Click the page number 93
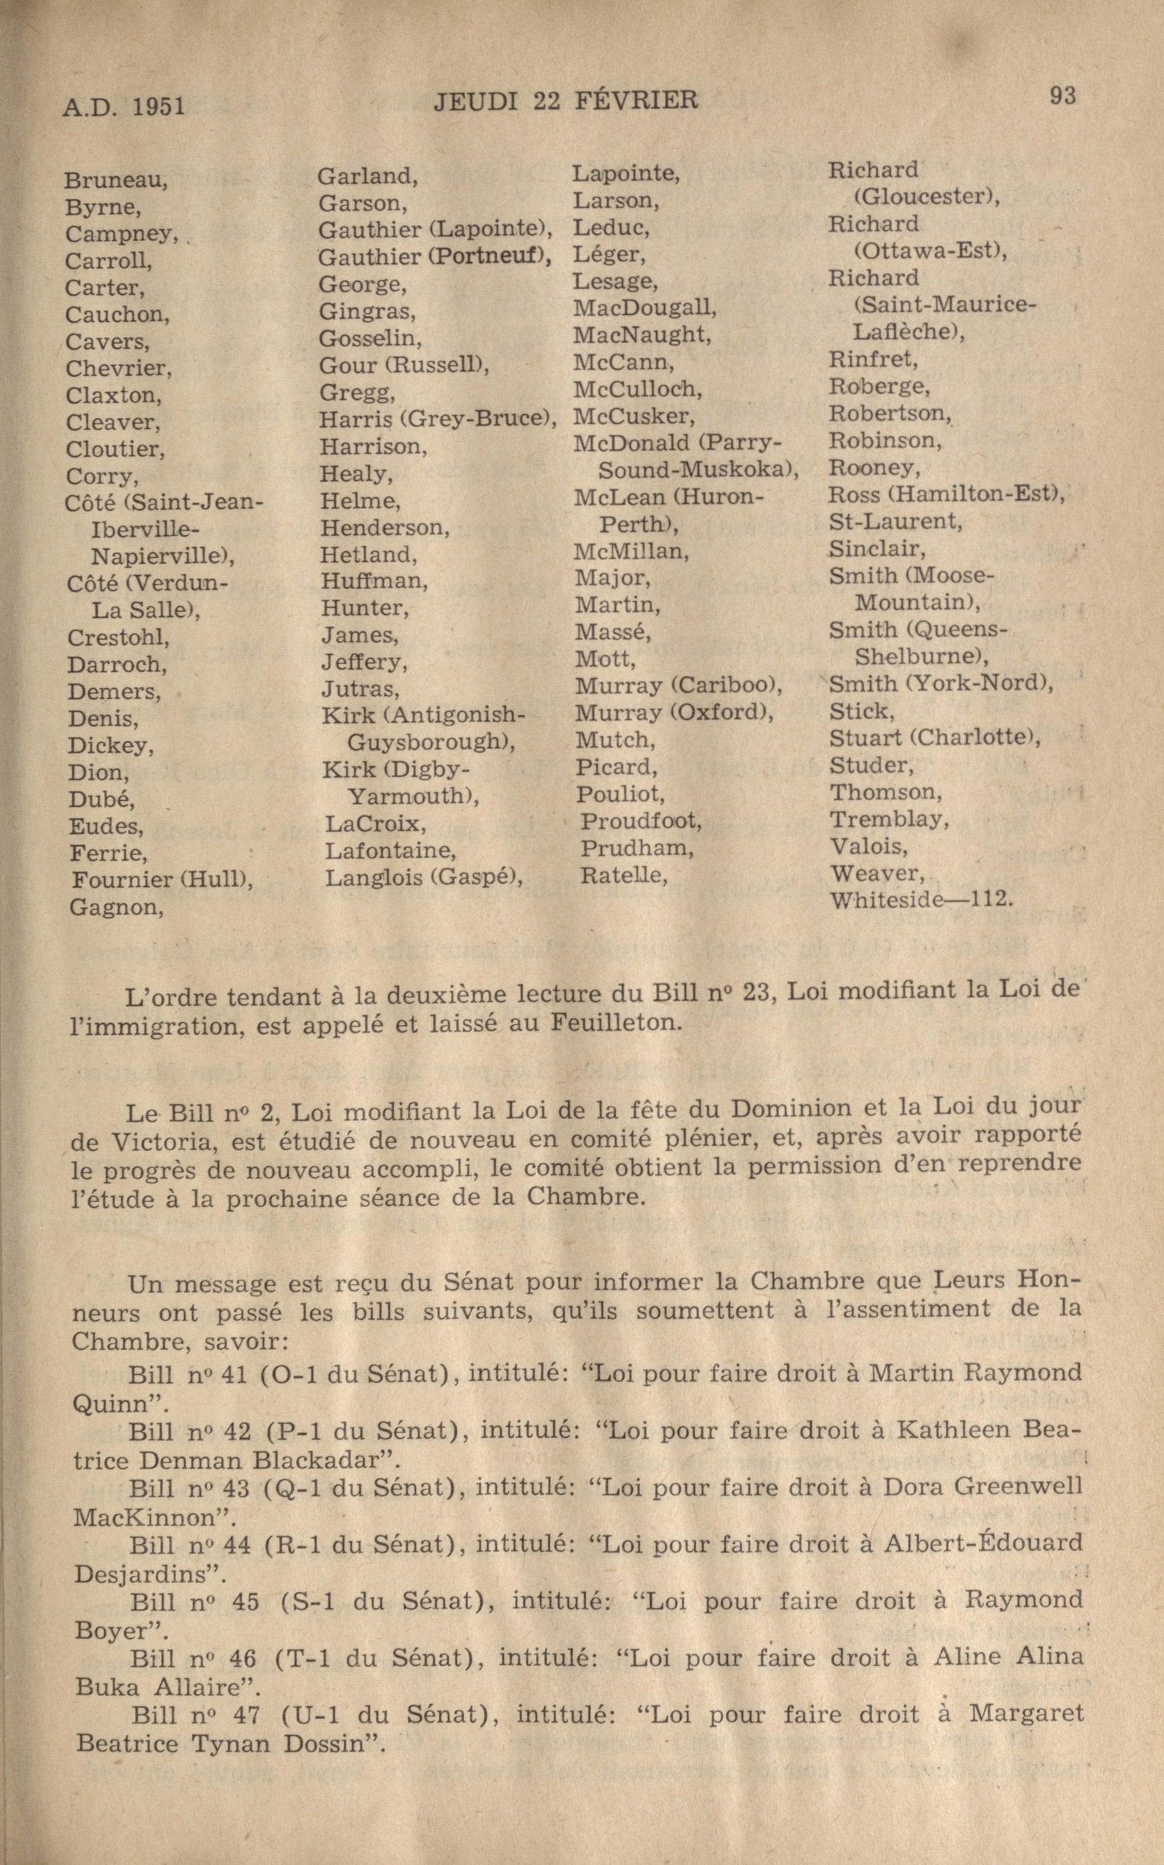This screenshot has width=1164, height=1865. [x=1062, y=96]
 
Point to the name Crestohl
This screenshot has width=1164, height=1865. [x=118, y=638]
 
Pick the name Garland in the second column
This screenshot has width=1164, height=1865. [x=366, y=176]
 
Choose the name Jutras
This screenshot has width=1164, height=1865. [x=360, y=687]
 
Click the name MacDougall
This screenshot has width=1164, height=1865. [x=643, y=308]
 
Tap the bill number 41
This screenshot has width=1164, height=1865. [x=233, y=1374]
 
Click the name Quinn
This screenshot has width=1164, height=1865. [x=108, y=1403]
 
